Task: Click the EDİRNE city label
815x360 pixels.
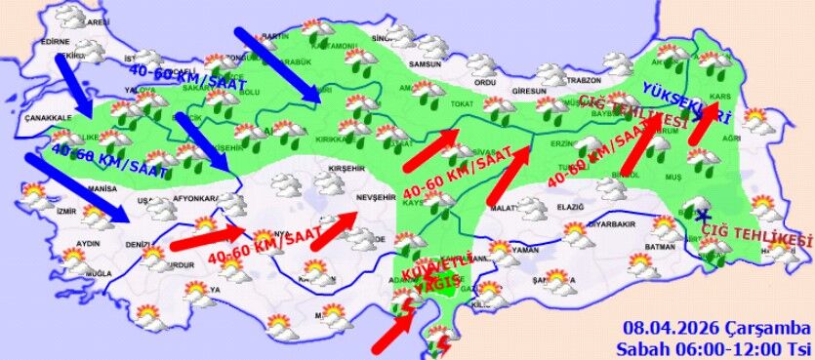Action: point(56,43)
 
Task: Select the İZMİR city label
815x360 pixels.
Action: point(67,210)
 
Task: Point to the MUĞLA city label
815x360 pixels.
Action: point(98,275)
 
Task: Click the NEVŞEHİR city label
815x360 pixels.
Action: point(377,196)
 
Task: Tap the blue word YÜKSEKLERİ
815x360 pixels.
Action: point(686,102)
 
